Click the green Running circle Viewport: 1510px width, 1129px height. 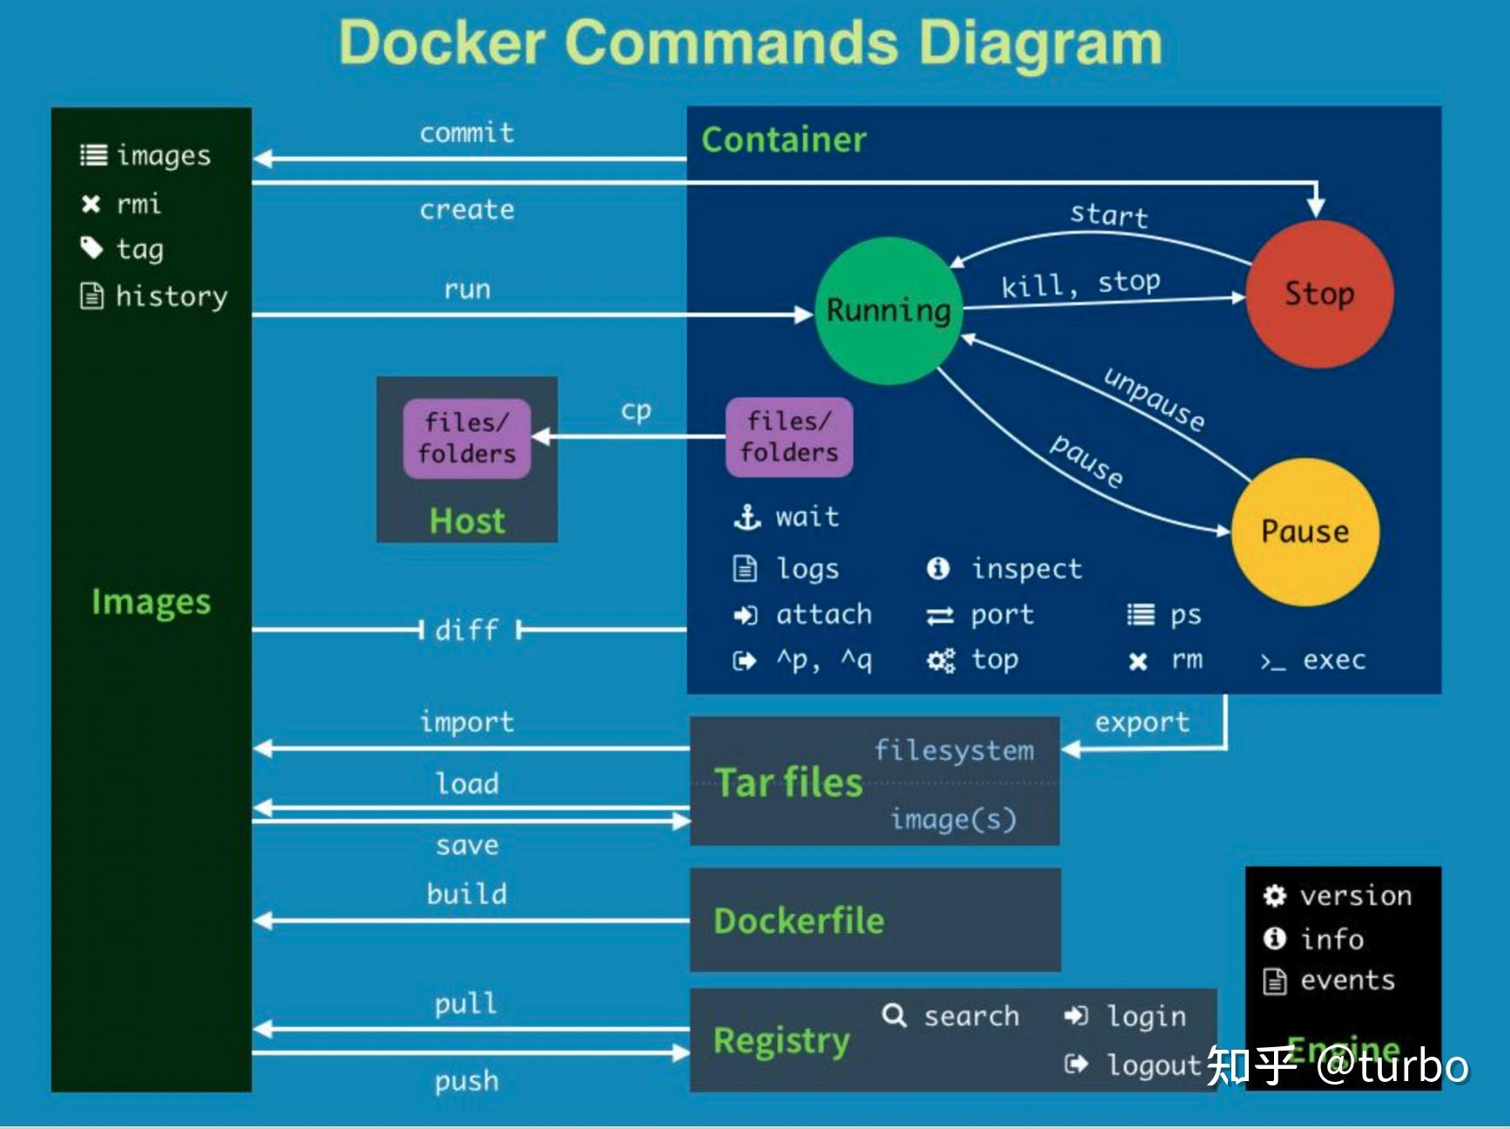[x=888, y=311]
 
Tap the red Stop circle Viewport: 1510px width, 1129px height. [x=1318, y=294]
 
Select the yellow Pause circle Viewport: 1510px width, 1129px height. [x=1304, y=531]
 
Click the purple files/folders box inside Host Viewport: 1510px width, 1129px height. [x=467, y=438]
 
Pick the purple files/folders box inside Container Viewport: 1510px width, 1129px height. [x=789, y=436]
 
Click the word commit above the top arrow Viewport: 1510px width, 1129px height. [x=467, y=133]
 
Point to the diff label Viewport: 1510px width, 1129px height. [x=467, y=630]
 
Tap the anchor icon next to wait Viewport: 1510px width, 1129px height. [x=747, y=517]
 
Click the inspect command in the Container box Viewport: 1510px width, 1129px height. [x=1027, y=569]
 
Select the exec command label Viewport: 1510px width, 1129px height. [x=1333, y=660]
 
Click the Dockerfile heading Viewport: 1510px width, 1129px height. [x=799, y=921]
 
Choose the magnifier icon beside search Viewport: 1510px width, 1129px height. [x=894, y=1015]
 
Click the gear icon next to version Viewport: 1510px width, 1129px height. [x=1275, y=896]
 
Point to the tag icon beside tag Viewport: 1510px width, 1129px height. [x=91, y=248]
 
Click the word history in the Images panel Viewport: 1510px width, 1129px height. [x=172, y=296]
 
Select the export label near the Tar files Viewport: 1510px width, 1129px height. [x=1142, y=722]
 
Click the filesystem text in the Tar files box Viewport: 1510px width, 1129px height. [x=954, y=750]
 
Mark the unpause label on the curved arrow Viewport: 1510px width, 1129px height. [x=1154, y=399]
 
